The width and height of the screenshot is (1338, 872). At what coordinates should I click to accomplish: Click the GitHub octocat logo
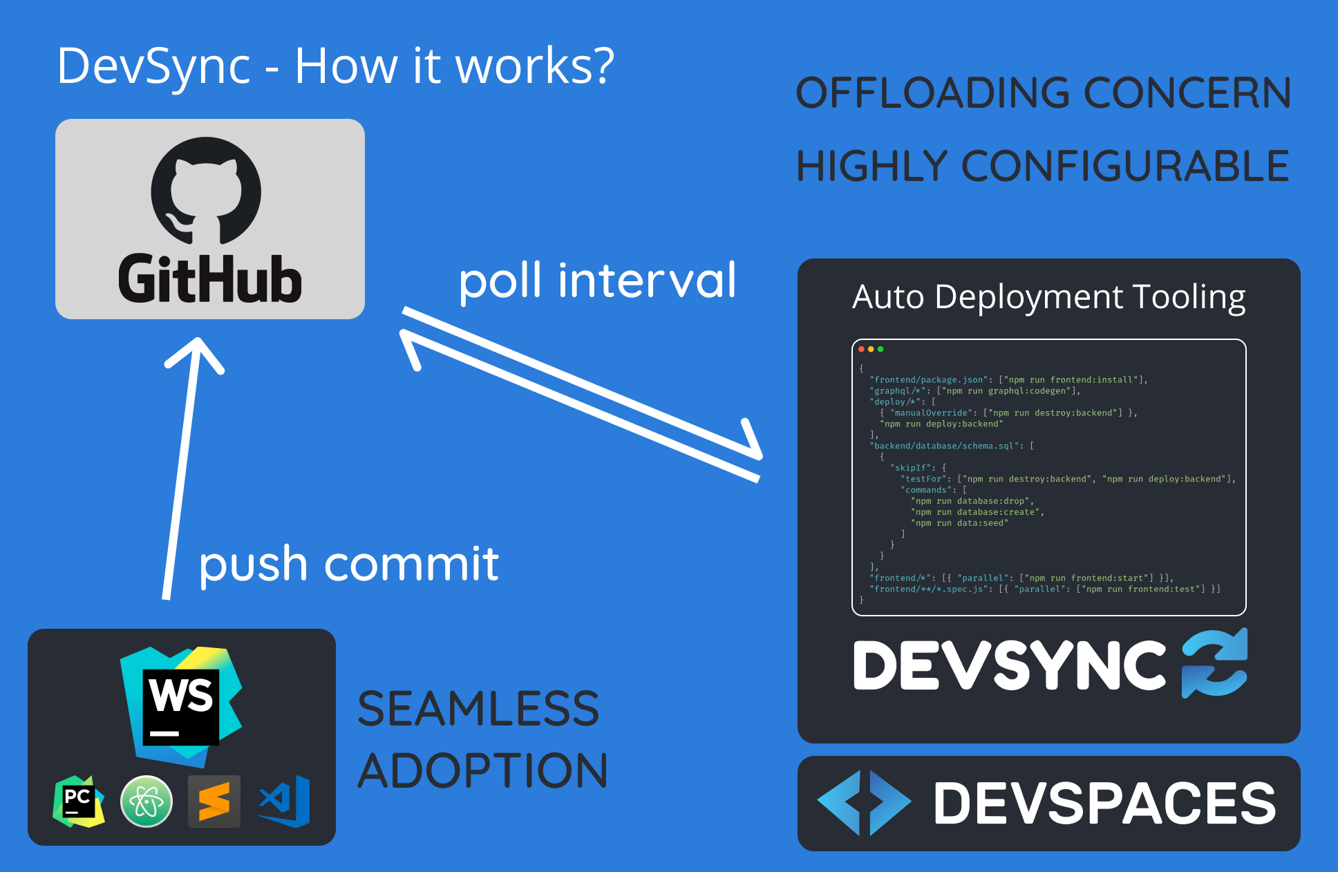(206, 190)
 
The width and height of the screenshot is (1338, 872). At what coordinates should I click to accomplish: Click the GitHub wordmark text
(210, 279)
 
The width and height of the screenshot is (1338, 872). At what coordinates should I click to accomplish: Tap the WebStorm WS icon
(181, 705)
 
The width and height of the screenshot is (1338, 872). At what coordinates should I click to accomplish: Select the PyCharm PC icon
(78, 802)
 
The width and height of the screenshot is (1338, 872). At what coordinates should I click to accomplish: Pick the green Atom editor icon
(147, 802)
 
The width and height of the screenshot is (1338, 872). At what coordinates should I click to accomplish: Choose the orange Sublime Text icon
(214, 802)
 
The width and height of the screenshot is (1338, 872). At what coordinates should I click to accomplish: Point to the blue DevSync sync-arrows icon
(1214, 663)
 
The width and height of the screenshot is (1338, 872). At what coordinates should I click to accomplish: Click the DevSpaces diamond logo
(864, 803)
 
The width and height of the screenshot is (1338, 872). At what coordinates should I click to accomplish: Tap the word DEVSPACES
(1104, 803)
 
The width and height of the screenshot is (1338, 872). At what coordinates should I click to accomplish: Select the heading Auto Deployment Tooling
(1048, 297)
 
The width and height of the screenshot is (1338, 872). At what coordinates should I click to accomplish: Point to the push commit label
(349, 564)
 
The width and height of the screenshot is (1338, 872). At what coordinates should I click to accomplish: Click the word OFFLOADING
(933, 93)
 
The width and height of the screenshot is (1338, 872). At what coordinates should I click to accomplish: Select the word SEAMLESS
(478, 709)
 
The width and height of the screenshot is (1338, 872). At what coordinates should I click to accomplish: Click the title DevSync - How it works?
(336, 66)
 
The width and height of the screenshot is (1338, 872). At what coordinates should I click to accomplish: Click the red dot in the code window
(862, 349)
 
